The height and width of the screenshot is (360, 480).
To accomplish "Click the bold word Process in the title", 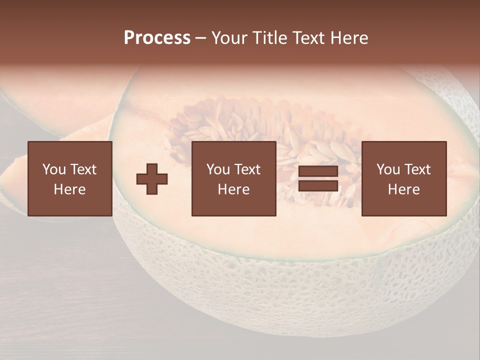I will pyautogui.click(x=157, y=38).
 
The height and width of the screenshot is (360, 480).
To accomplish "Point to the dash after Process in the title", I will pyautogui.click(x=201, y=38).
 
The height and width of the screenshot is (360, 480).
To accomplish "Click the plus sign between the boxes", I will pyautogui.click(x=152, y=179).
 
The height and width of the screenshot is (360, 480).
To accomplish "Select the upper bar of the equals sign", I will pyautogui.click(x=318, y=171).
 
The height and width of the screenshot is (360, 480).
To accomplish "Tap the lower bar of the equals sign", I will pyautogui.click(x=318, y=185).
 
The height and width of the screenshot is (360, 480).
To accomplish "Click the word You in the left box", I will pyautogui.click(x=54, y=169).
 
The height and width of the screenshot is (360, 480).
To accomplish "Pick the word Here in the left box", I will pyautogui.click(x=69, y=189).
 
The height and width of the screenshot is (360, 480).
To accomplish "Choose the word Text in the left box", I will pyautogui.click(x=82, y=169).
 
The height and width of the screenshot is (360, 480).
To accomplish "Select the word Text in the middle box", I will pyautogui.click(x=247, y=169).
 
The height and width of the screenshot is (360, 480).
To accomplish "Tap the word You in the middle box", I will pyautogui.click(x=218, y=169).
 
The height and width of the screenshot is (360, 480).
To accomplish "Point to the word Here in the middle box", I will pyautogui.click(x=233, y=189).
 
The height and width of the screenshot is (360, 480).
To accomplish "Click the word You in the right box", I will pyautogui.click(x=388, y=169).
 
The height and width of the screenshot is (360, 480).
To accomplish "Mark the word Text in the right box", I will pyautogui.click(x=417, y=169).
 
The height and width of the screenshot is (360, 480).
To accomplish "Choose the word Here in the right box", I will pyautogui.click(x=403, y=189).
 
